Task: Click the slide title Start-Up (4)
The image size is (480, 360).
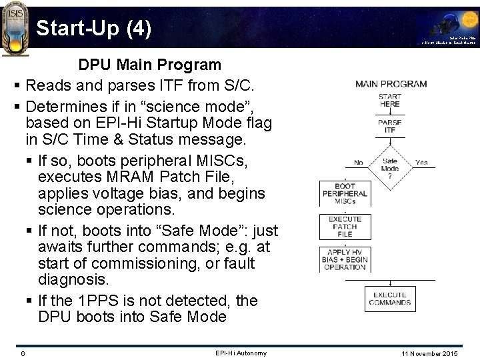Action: pos(93,28)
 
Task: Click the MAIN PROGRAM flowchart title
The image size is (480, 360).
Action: pos(391,84)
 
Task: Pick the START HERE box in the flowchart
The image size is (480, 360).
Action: pos(390,100)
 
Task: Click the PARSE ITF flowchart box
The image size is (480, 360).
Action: pos(390,127)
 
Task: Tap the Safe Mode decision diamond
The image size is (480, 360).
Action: pos(390,165)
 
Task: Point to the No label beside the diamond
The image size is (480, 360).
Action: pos(358,161)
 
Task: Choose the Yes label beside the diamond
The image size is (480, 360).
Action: pos(421,161)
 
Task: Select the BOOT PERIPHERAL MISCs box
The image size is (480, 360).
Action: pos(344,194)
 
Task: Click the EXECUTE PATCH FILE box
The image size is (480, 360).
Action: pos(344,227)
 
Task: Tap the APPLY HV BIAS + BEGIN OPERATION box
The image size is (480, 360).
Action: pos(344,259)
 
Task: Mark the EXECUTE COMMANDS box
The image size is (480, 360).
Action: pos(391,299)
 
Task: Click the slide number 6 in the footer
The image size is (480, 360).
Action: pos(22,353)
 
